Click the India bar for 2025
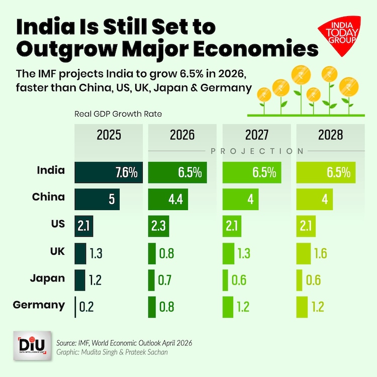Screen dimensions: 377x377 [x=109, y=172]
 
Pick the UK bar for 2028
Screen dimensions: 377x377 [x=303, y=252]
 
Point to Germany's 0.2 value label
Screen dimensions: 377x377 [x=87, y=307]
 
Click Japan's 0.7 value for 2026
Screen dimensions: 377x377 [x=166, y=279]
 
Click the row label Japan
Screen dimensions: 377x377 [x=47, y=278]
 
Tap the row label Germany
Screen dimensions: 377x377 [x=39, y=305]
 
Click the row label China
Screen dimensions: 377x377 [x=48, y=197]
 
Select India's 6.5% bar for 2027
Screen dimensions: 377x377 [x=251, y=172]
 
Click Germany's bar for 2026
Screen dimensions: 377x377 [x=152, y=306]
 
